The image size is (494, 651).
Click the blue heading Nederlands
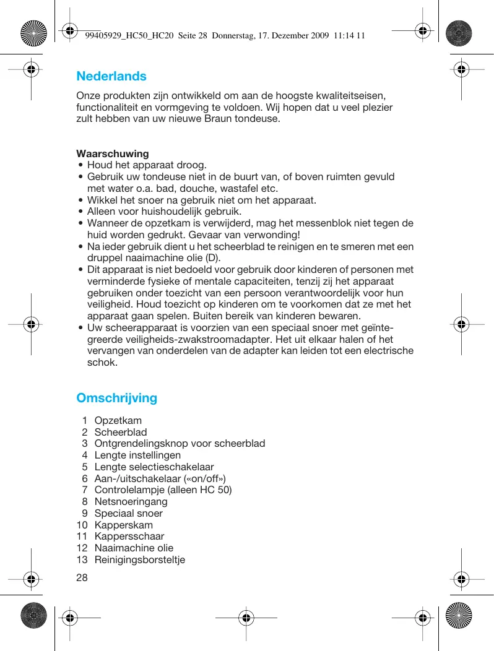click(111, 76)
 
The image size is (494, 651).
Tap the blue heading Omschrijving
click(116, 398)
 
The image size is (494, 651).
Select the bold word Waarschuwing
click(112, 153)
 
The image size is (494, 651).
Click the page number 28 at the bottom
click(82, 577)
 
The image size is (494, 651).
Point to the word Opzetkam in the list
click(118, 421)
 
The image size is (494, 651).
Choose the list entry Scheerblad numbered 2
click(121, 432)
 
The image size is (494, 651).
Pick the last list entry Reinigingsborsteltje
click(139, 559)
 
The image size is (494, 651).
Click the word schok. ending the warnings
click(102, 363)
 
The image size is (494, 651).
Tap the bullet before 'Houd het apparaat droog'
click(81, 165)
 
